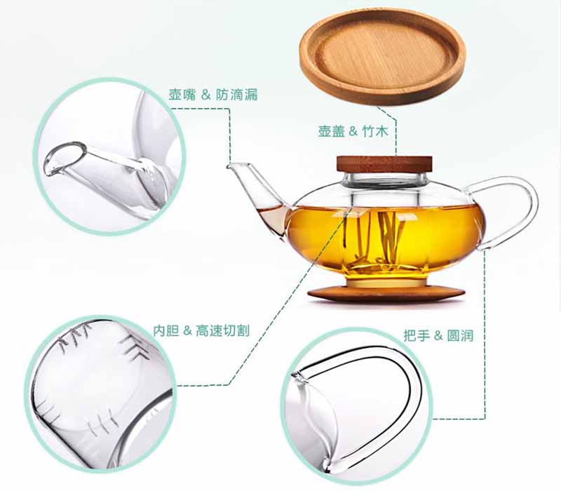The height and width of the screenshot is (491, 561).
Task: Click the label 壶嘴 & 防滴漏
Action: (213, 95)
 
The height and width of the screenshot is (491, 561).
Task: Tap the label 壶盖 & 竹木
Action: (353, 131)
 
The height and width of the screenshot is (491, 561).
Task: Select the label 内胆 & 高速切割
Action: (201, 330)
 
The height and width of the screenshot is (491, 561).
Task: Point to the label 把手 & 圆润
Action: (438, 336)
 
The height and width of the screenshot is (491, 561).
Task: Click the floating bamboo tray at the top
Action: (382, 57)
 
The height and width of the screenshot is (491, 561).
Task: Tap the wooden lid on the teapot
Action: (384, 164)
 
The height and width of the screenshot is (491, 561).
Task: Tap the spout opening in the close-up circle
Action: (65, 159)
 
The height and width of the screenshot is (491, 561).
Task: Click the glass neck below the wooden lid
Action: (384, 180)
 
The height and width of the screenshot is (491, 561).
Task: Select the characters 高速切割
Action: (222, 330)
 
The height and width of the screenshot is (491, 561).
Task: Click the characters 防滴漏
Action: (236, 95)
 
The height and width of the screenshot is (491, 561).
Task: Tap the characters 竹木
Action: (375, 131)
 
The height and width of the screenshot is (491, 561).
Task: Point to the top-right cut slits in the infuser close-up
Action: (133, 344)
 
